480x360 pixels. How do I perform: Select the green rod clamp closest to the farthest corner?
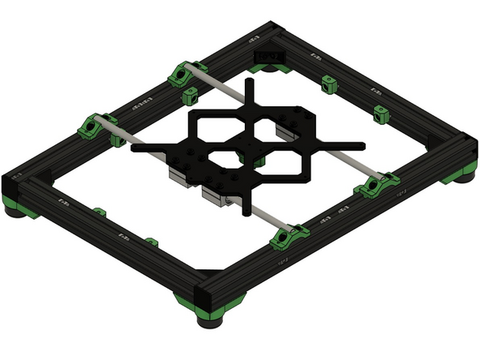pyautogui.click(x=186, y=75)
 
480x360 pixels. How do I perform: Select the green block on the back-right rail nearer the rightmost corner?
pyautogui.click(x=380, y=114)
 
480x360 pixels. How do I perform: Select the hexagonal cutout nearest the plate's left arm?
pyautogui.click(x=212, y=127)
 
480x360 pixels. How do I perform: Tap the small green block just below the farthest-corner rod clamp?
pyautogui.click(x=191, y=97)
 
